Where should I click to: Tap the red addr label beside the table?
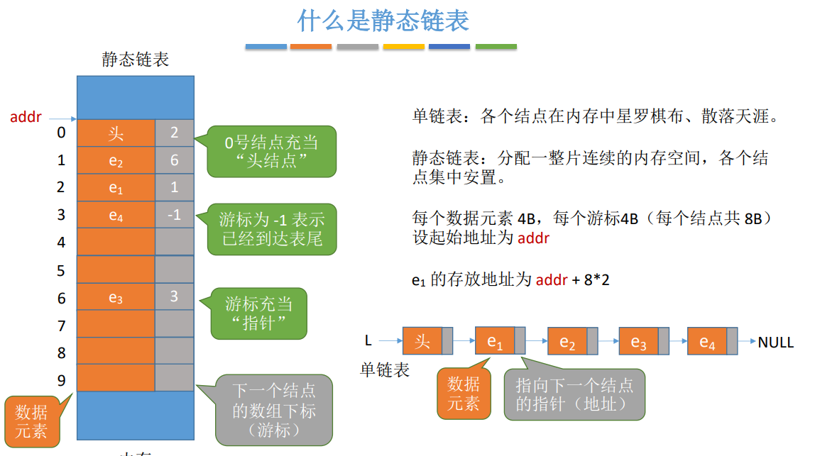[26, 117]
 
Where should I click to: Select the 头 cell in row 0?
[116, 133]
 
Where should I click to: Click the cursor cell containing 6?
[174, 160]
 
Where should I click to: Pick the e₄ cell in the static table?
[116, 216]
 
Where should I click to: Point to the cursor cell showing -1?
[174, 215]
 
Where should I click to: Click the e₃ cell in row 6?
[116, 298]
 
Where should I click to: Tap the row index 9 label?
[61, 381]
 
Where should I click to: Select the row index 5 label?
[61, 270]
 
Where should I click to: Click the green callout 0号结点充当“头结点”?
[271, 152]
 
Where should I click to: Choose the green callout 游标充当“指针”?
[258, 313]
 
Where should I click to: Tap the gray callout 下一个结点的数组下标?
[273, 410]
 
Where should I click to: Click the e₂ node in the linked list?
[567, 343]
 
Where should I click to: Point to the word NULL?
[775, 343]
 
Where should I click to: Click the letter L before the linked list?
[368, 340]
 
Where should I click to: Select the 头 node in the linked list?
[422, 342]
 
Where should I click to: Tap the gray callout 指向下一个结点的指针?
[574, 394]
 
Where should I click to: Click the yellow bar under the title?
[403, 47]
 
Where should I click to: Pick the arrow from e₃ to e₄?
[677, 342]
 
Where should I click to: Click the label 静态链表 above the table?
[135, 60]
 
